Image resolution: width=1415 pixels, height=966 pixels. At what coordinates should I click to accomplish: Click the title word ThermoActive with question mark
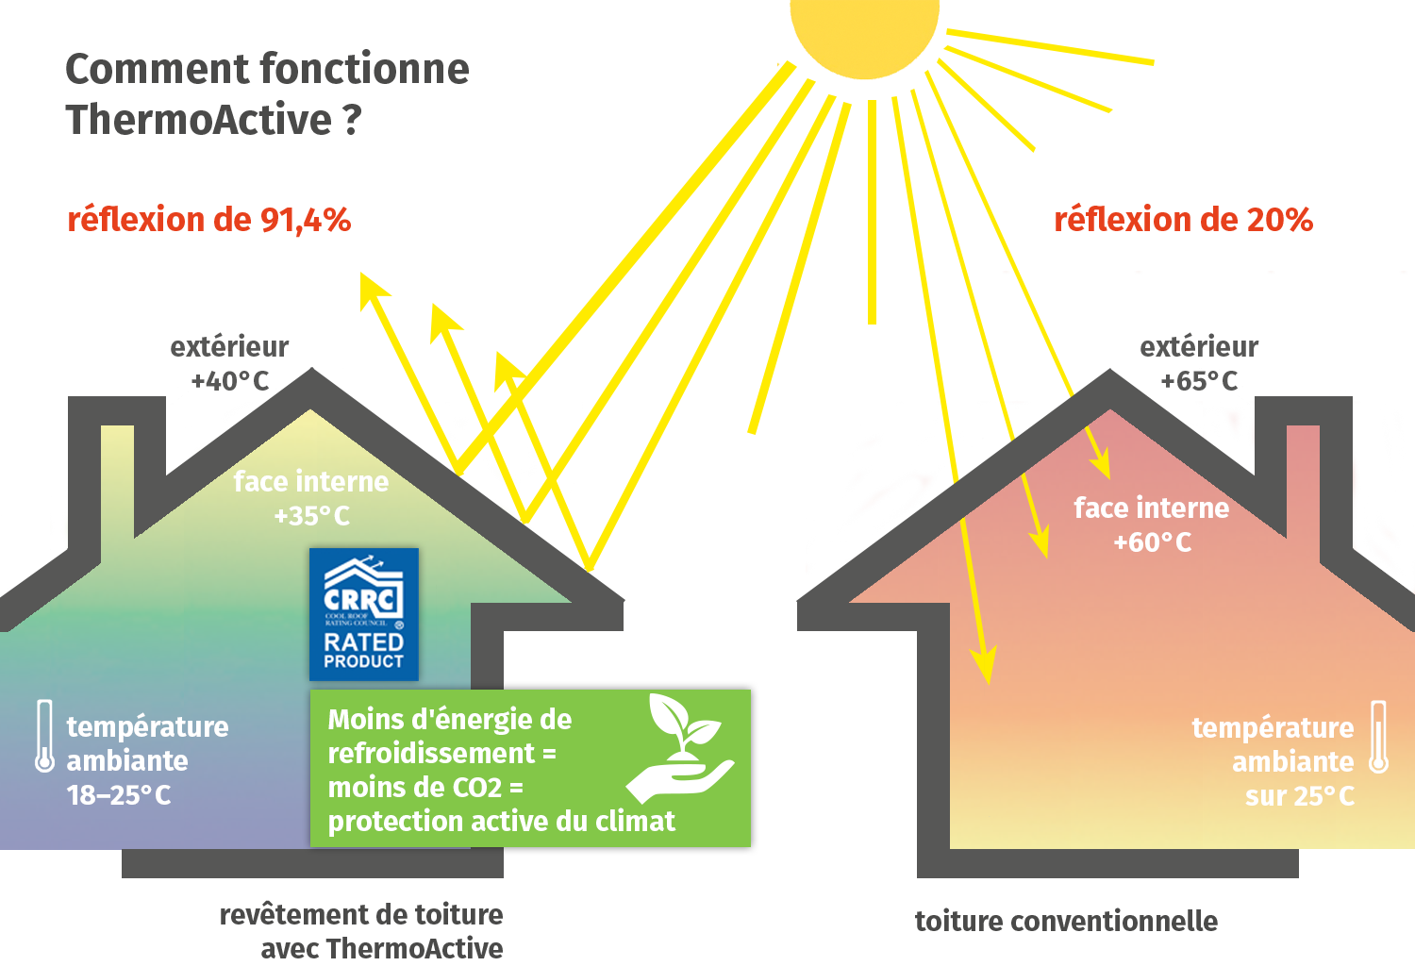pyautogui.click(x=213, y=120)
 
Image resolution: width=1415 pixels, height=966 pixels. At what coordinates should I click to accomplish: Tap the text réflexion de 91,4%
pyautogui.click(x=208, y=220)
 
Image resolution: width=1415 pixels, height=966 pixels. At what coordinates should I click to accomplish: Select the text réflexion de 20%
pyautogui.click(x=1183, y=220)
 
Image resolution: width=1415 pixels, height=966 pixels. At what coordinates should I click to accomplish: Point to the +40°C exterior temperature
pyautogui.click(x=229, y=381)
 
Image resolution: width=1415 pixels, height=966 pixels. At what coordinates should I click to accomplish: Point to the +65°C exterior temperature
pyautogui.click(x=1199, y=381)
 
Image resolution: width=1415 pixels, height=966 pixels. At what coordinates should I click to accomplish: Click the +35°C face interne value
pyautogui.click(x=311, y=516)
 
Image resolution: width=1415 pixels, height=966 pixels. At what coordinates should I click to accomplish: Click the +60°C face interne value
pyautogui.click(x=1152, y=542)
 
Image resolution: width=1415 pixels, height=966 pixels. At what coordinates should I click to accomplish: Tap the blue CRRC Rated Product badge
pyautogui.click(x=363, y=614)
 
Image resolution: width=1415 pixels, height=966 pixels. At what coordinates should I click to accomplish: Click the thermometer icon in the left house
pyautogui.click(x=44, y=737)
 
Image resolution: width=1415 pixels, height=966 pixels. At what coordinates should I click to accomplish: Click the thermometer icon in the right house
pyautogui.click(x=1378, y=738)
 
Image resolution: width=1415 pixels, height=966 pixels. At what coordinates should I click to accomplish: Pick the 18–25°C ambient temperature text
pyautogui.click(x=119, y=795)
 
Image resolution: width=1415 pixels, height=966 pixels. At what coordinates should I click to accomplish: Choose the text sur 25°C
pyautogui.click(x=1299, y=796)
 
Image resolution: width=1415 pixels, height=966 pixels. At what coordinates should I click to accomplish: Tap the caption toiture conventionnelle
pyautogui.click(x=1066, y=921)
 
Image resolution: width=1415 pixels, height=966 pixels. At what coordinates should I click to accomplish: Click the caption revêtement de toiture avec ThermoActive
pyautogui.click(x=362, y=930)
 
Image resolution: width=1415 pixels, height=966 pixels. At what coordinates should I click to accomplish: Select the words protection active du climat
pyautogui.click(x=501, y=821)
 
